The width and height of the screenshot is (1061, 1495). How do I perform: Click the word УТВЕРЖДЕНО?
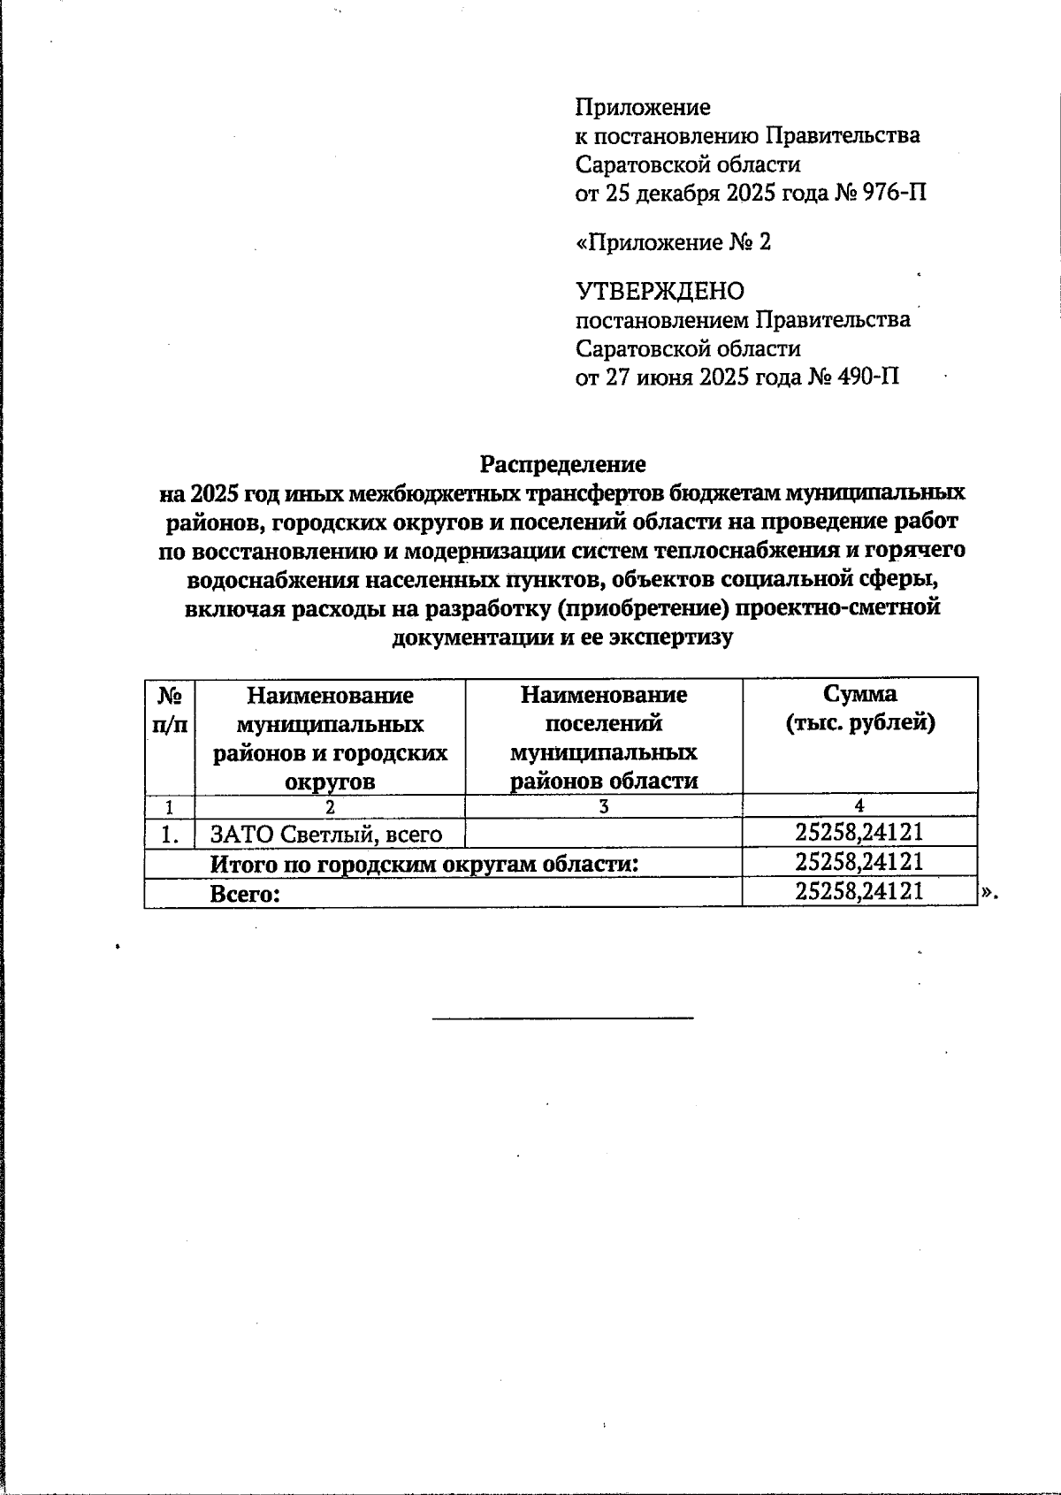click(660, 291)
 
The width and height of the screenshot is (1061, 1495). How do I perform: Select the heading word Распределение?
click(562, 464)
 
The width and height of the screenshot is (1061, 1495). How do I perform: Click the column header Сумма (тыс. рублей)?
click(859, 708)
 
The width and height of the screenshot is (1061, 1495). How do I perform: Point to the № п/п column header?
click(170, 709)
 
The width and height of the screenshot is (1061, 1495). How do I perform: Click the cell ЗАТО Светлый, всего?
click(325, 834)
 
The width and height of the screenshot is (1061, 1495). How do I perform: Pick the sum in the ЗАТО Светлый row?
click(859, 832)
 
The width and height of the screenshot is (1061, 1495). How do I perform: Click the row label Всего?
click(245, 894)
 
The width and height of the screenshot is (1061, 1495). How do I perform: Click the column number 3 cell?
click(603, 805)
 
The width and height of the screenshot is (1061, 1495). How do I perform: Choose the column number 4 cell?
click(859, 805)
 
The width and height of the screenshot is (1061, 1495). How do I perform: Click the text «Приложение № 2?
click(673, 242)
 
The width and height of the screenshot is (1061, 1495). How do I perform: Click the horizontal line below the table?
click(562, 1018)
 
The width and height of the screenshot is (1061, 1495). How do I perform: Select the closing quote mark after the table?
click(988, 893)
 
